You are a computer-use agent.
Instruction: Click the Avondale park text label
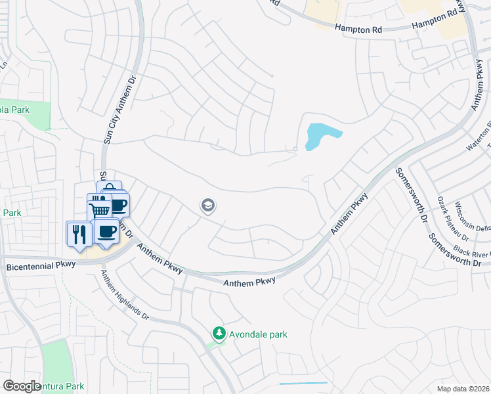[x=259, y=334]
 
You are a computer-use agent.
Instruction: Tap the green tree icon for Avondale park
[x=219, y=334]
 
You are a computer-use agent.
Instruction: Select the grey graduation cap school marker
[x=208, y=206]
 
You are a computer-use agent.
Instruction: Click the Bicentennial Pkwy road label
[x=41, y=267]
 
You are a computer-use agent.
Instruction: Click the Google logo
[x=22, y=385]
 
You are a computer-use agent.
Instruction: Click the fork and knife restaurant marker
[x=79, y=234]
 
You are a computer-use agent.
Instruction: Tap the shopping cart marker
[x=98, y=209]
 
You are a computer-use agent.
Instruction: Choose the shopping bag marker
[x=110, y=188]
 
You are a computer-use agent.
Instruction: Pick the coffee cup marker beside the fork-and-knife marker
[x=106, y=231]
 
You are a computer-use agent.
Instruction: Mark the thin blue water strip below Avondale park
[x=303, y=383]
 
